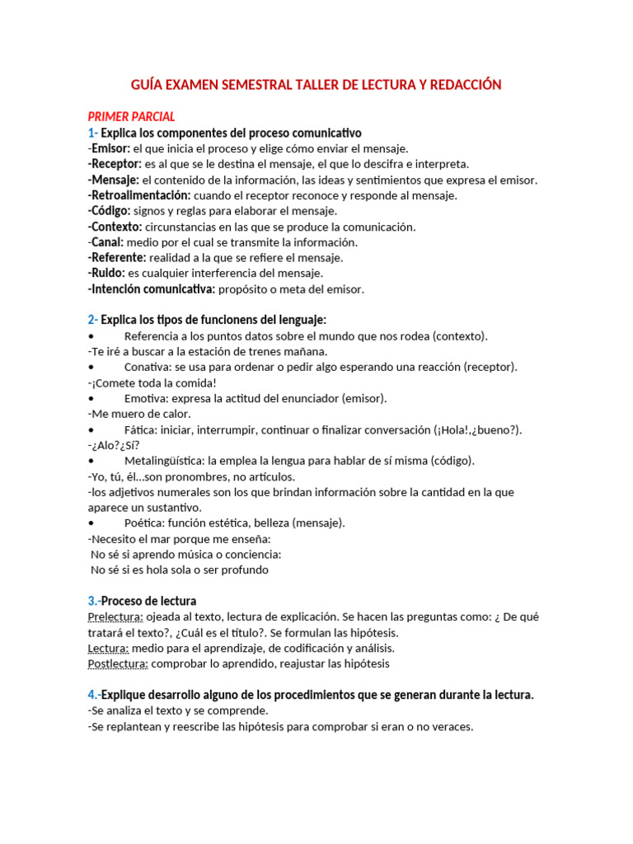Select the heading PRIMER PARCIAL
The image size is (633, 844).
coord(131,117)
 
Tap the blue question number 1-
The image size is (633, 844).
coord(92,133)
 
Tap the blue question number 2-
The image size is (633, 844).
coord(92,320)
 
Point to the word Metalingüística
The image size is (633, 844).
coord(164,461)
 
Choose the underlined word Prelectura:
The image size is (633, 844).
coord(115,617)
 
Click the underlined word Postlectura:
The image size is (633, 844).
coord(118,663)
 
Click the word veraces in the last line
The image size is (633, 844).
coord(449,727)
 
